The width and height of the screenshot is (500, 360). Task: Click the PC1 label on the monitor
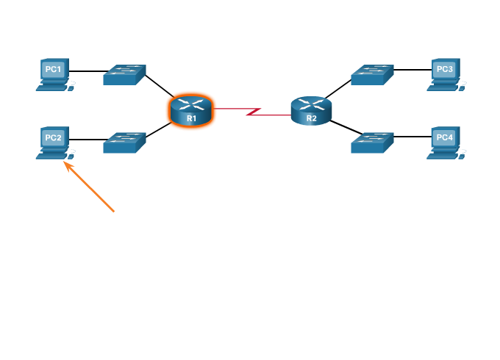point(54,70)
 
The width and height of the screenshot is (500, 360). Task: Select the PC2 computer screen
point(54,137)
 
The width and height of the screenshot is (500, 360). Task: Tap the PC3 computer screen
point(445,70)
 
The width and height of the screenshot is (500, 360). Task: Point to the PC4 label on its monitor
point(445,137)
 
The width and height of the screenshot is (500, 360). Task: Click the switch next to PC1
point(124,74)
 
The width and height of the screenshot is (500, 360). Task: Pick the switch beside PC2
point(124,143)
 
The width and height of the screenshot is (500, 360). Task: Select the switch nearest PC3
point(372,74)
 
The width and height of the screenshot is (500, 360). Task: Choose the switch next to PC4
point(372,143)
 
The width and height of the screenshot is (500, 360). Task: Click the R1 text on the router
point(191,118)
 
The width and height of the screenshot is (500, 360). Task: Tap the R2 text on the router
point(312,118)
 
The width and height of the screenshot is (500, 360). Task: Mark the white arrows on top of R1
point(191,104)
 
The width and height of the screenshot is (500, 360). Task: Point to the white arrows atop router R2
point(312,104)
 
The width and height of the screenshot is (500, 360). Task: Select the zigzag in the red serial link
point(254,112)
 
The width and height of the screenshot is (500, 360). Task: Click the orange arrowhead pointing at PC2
point(67,165)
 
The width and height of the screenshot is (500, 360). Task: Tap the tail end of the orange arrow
point(114,212)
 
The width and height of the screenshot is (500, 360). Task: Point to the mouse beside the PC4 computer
point(464,155)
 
